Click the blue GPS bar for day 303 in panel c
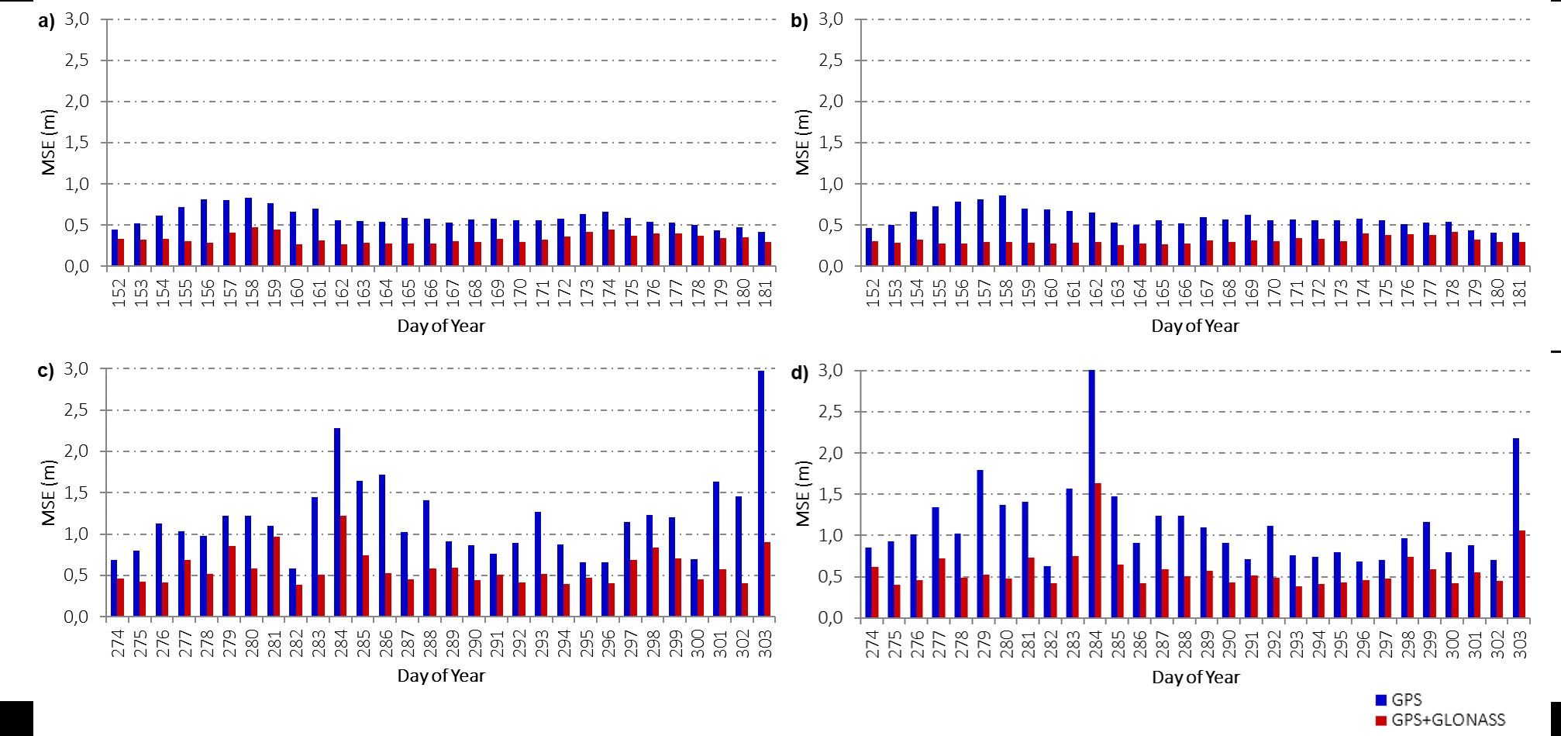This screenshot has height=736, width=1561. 761,493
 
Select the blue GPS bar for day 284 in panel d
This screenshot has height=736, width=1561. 1091,493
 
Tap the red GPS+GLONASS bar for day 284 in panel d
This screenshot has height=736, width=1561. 1098,550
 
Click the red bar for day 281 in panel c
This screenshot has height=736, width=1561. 276,576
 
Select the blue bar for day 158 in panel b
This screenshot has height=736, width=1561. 1002,230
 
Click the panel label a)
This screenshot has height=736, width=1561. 47,22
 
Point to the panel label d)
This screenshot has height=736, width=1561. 799,373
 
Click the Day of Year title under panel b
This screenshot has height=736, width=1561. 1195,327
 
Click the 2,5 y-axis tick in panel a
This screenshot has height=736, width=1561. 78,60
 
